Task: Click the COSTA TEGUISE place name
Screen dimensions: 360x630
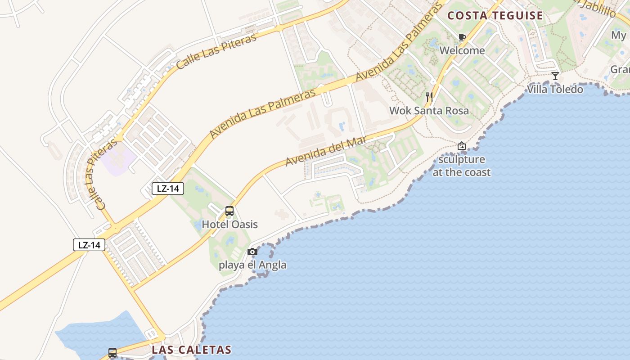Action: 495,16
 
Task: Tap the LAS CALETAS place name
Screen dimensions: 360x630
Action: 192,350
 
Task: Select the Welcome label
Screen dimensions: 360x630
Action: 462,50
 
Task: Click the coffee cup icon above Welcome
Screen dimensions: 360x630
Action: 462,37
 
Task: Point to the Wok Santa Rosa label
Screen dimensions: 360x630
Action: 429,111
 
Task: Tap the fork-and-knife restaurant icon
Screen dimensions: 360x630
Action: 429,97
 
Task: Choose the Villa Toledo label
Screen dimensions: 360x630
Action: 555,89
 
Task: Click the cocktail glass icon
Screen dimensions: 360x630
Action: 555,76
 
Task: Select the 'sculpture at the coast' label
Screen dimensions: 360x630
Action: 462,166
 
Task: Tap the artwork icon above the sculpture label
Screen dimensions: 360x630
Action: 461,146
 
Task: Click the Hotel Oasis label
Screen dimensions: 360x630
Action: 229,224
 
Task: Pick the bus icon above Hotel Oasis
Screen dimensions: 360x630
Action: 229,211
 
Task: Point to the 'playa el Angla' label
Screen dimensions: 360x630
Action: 252,265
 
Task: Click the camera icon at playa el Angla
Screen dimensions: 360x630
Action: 252,252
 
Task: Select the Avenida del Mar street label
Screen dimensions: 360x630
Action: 326,152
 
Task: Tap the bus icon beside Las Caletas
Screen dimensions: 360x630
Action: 112,352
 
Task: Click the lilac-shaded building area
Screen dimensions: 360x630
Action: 118,159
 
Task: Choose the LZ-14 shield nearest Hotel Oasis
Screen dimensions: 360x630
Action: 168,189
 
